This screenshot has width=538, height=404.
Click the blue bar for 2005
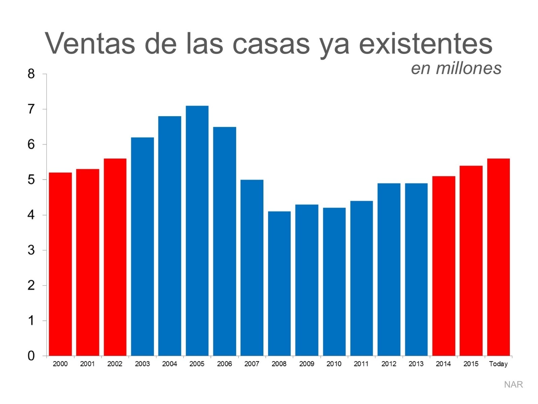pyautogui.click(x=197, y=231)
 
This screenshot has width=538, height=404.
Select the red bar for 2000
pyautogui.click(x=60, y=264)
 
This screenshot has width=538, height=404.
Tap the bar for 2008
pyautogui.click(x=279, y=283)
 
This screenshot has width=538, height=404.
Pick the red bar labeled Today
pyautogui.click(x=498, y=257)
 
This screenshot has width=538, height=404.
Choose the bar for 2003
pyautogui.click(x=142, y=247)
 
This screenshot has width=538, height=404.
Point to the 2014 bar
pyautogui.click(x=444, y=266)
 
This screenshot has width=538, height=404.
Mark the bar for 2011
pyautogui.click(x=361, y=278)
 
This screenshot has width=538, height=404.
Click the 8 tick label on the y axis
pyautogui.click(x=31, y=74)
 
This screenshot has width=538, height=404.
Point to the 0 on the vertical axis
pyautogui.click(x=31, y=356)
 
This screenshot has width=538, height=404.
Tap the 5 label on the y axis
pyautogui.click(x=31, y=180)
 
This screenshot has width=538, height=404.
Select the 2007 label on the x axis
pyautogui.click(x=252, y=364)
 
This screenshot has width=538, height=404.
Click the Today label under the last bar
pyautogui.click(x=498, y=364)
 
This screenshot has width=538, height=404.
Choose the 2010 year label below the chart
pyautogui.click(x=334, y=364)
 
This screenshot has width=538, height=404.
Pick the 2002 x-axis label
pyautogui.click(x=115, y=364)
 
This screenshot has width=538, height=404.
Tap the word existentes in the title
pyautogui.click(x=426, y=44)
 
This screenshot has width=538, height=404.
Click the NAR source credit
pyautogui.click(x=513, y=384)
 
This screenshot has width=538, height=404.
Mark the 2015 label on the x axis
pyautogui.click(x=471, y=364)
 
